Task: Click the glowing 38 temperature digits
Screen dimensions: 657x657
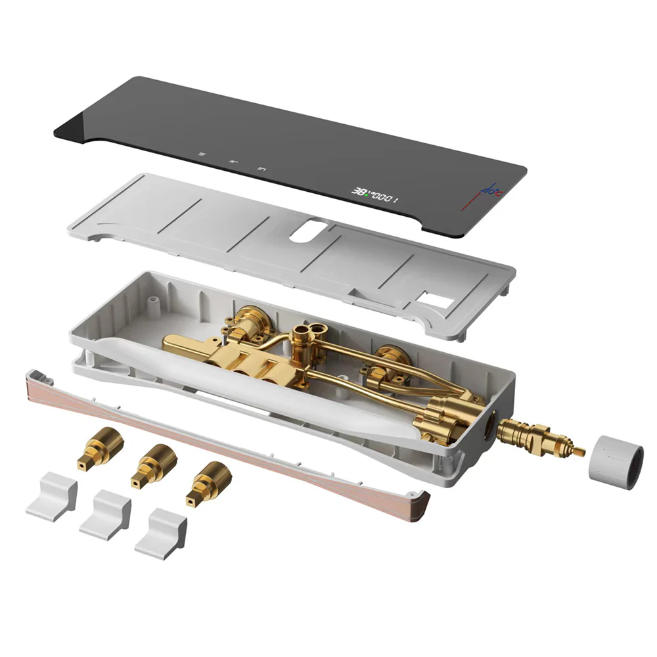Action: (x=361, y=191)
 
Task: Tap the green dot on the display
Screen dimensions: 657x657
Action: (x=371, y=193)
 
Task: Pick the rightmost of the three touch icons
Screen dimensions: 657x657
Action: (x=261, y=168)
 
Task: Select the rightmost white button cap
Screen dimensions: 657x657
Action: (x=161, y=533)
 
